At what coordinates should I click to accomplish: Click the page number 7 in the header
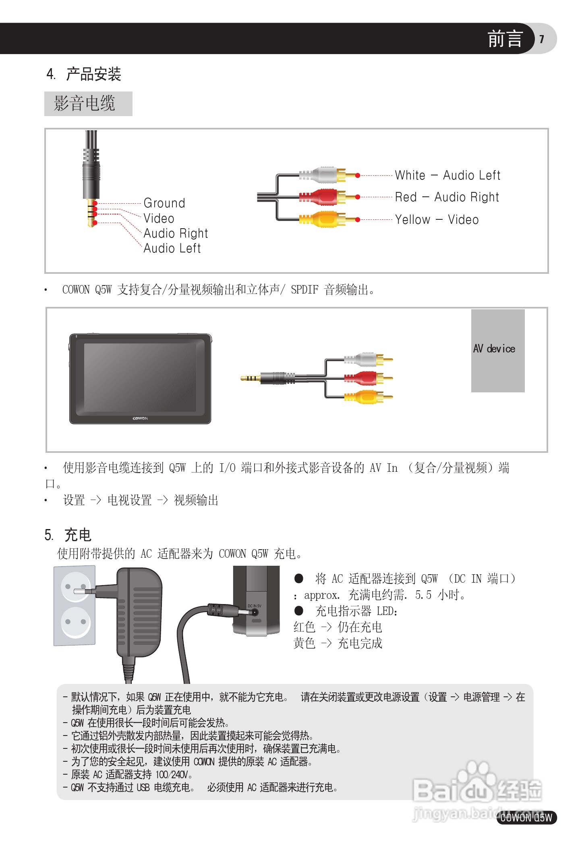click(542, 39)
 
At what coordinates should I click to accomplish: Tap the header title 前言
click(505, 39)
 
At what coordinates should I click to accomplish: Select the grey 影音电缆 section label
click(88, 104)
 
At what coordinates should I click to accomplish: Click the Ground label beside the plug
click(164, 203)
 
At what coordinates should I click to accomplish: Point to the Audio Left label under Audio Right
click(172, 248)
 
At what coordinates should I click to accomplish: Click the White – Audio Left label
click(447, 175)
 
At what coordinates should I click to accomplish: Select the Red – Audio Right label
click(447, 197)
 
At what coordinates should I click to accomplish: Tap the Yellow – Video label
click(437, 220)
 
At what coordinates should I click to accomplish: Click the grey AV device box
click(498, 350)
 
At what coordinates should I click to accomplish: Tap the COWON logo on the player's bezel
click(140, 419)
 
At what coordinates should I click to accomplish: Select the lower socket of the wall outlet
click(75, 622)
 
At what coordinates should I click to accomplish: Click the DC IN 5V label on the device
click(254, 606)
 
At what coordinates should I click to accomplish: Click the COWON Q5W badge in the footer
click(526, 817)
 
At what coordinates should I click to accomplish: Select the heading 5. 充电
click(68, 535)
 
